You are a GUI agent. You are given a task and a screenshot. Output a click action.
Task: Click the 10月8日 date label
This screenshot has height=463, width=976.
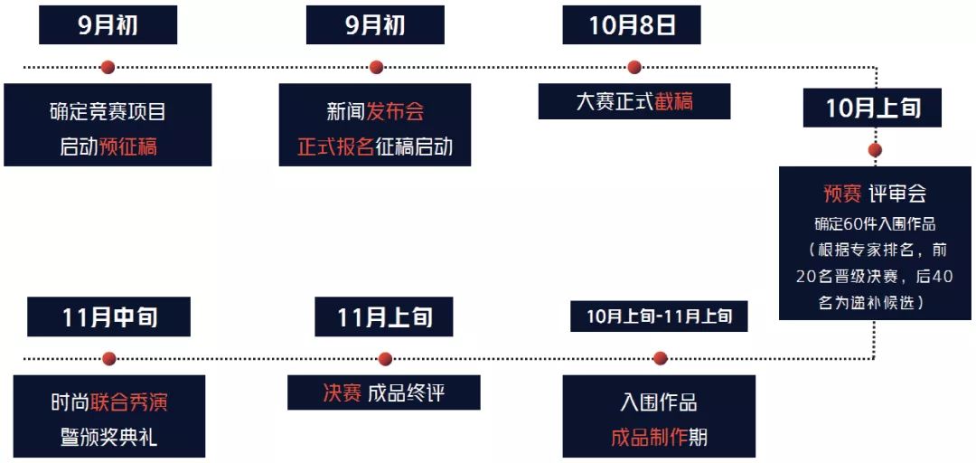pos(632,24)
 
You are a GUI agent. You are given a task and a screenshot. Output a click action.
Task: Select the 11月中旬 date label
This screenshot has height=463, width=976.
pos(109,317)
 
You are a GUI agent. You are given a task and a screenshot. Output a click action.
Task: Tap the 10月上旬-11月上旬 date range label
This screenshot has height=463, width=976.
pos(659,317)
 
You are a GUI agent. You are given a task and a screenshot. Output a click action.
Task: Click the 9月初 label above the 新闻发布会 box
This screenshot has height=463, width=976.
pos(375,24)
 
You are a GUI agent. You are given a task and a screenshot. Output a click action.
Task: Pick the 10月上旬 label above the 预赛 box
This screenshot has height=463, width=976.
pos(873,109)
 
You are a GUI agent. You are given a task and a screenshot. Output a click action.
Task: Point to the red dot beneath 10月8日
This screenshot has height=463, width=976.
pos(634,67)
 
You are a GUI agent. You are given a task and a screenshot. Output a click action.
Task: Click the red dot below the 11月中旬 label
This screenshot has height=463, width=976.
pos(109,358)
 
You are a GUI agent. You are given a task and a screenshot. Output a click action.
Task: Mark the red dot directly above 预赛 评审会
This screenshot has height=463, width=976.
pos(874,150)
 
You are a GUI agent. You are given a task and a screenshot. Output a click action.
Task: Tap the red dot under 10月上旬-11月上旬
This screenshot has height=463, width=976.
pos(660,358)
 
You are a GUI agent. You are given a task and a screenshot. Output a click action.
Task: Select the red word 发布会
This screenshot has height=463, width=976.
pos(395,112)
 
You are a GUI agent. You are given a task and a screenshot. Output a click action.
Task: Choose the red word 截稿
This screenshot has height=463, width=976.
pos(673,101)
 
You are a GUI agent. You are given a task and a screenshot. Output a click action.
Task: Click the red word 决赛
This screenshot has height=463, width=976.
pos(342,393)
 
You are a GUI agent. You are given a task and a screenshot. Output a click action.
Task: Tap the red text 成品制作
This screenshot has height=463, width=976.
pos(649,438)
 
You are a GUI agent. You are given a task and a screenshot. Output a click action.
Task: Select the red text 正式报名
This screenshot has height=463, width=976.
pos(335,146)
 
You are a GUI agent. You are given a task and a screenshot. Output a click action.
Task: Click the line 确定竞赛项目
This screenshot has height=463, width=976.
pos(108,112)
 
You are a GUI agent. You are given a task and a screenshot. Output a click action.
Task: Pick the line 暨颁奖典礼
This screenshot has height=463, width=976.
pos(108,438)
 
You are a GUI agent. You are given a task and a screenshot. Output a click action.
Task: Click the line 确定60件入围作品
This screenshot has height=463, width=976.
pos(874,223)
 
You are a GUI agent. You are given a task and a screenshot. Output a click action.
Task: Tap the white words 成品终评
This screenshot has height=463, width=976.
pos(406,393)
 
